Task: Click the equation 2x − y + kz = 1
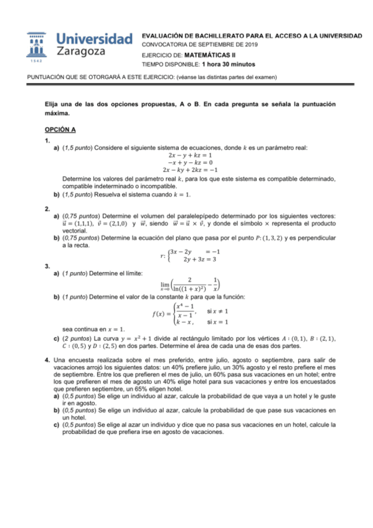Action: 186,154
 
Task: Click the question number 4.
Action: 48,360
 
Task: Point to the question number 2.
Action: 48,207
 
